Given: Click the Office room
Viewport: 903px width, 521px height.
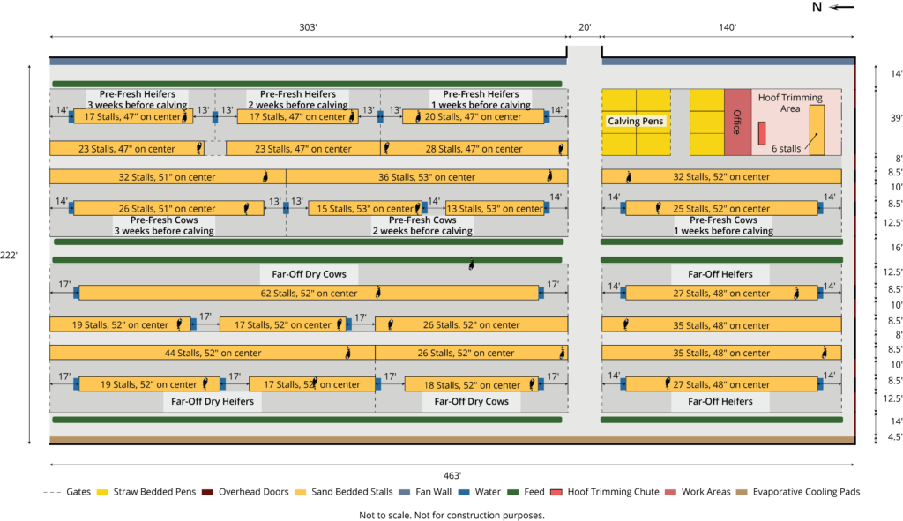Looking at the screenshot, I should pyautogui.click(x=736, y=122).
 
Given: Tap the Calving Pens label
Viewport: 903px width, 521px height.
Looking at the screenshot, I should pyautogui.click(x=635, y=122).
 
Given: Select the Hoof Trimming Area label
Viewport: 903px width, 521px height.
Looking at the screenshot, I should pyautogui.click(x=790, y=103).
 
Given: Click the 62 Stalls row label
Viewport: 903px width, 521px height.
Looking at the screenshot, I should pyautogui.click(x=309, y=294).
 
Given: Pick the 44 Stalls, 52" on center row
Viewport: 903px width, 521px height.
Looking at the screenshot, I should pyautogui.click(x=213, y=354).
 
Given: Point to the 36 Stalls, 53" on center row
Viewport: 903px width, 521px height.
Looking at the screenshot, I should pyautogui.click(x=427, y=177).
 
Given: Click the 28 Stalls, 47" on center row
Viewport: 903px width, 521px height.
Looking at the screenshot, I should pyautogui.click(x=474, y=149).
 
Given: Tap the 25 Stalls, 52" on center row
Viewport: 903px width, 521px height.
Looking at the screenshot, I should pyautogui.click(x=721, y=209).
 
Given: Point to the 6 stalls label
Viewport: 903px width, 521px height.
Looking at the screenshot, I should pyautogui.click(x=787, y=149).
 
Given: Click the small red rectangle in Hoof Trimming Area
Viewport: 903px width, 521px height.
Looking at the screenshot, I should pyautogui.click(x=762, y=133).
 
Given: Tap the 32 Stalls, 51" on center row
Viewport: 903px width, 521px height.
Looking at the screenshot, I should pyautogui.click(x=168, y=177).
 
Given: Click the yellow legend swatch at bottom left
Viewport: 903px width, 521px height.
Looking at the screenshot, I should pyautogui.click(x=102, y=492).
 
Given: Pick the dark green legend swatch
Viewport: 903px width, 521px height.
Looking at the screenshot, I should pyautogui.click(x=512, y=492).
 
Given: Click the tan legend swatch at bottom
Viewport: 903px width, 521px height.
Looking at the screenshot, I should pyautogui.click(x=742, y=492).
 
